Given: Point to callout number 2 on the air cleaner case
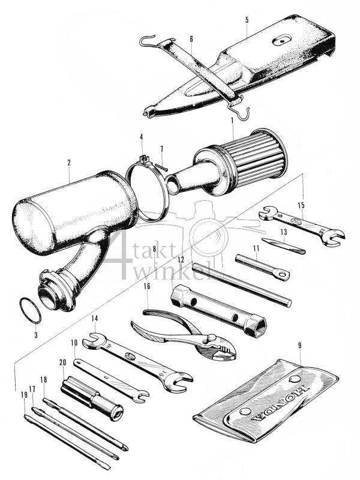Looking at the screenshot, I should (69, 163).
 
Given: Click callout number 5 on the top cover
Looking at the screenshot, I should (246, 20).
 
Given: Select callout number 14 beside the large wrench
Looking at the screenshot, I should (94, 318).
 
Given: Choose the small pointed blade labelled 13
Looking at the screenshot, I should (283, 247).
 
